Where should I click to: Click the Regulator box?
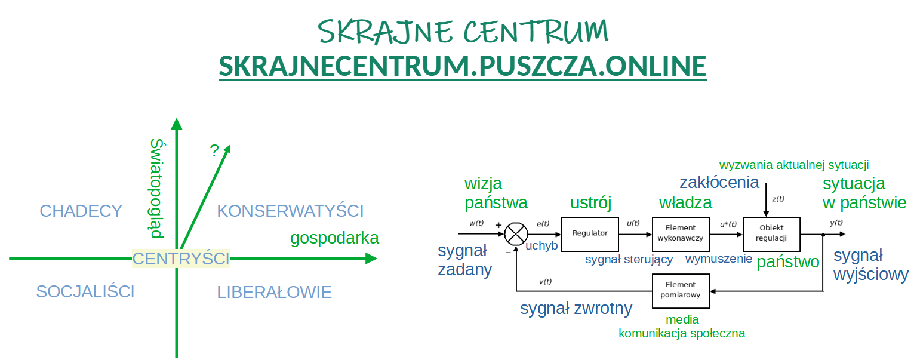[590, 234]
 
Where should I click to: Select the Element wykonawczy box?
[681, 234]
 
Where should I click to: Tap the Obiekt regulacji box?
[771, 234]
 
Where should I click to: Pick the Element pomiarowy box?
[681, 291]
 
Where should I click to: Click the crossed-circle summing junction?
[516, 234]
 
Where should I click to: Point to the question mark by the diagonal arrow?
[214, 150]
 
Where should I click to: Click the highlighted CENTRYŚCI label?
[180, 259]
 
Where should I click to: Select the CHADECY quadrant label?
[81, 211]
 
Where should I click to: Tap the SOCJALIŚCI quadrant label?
[85, 291]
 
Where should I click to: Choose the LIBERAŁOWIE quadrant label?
[274, 292]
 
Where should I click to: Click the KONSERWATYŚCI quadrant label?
[290, 211]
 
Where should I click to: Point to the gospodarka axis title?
[334, 238]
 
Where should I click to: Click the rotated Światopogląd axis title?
[157, 189]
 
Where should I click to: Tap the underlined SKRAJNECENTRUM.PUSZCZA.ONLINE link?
[463, 66]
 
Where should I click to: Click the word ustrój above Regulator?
[590, 202]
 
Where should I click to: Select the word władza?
[685, 202]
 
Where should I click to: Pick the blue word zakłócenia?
[719, 182]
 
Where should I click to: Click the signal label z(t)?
[778, 199]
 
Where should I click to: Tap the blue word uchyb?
[541, 245]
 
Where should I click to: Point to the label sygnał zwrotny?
[576, 309]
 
